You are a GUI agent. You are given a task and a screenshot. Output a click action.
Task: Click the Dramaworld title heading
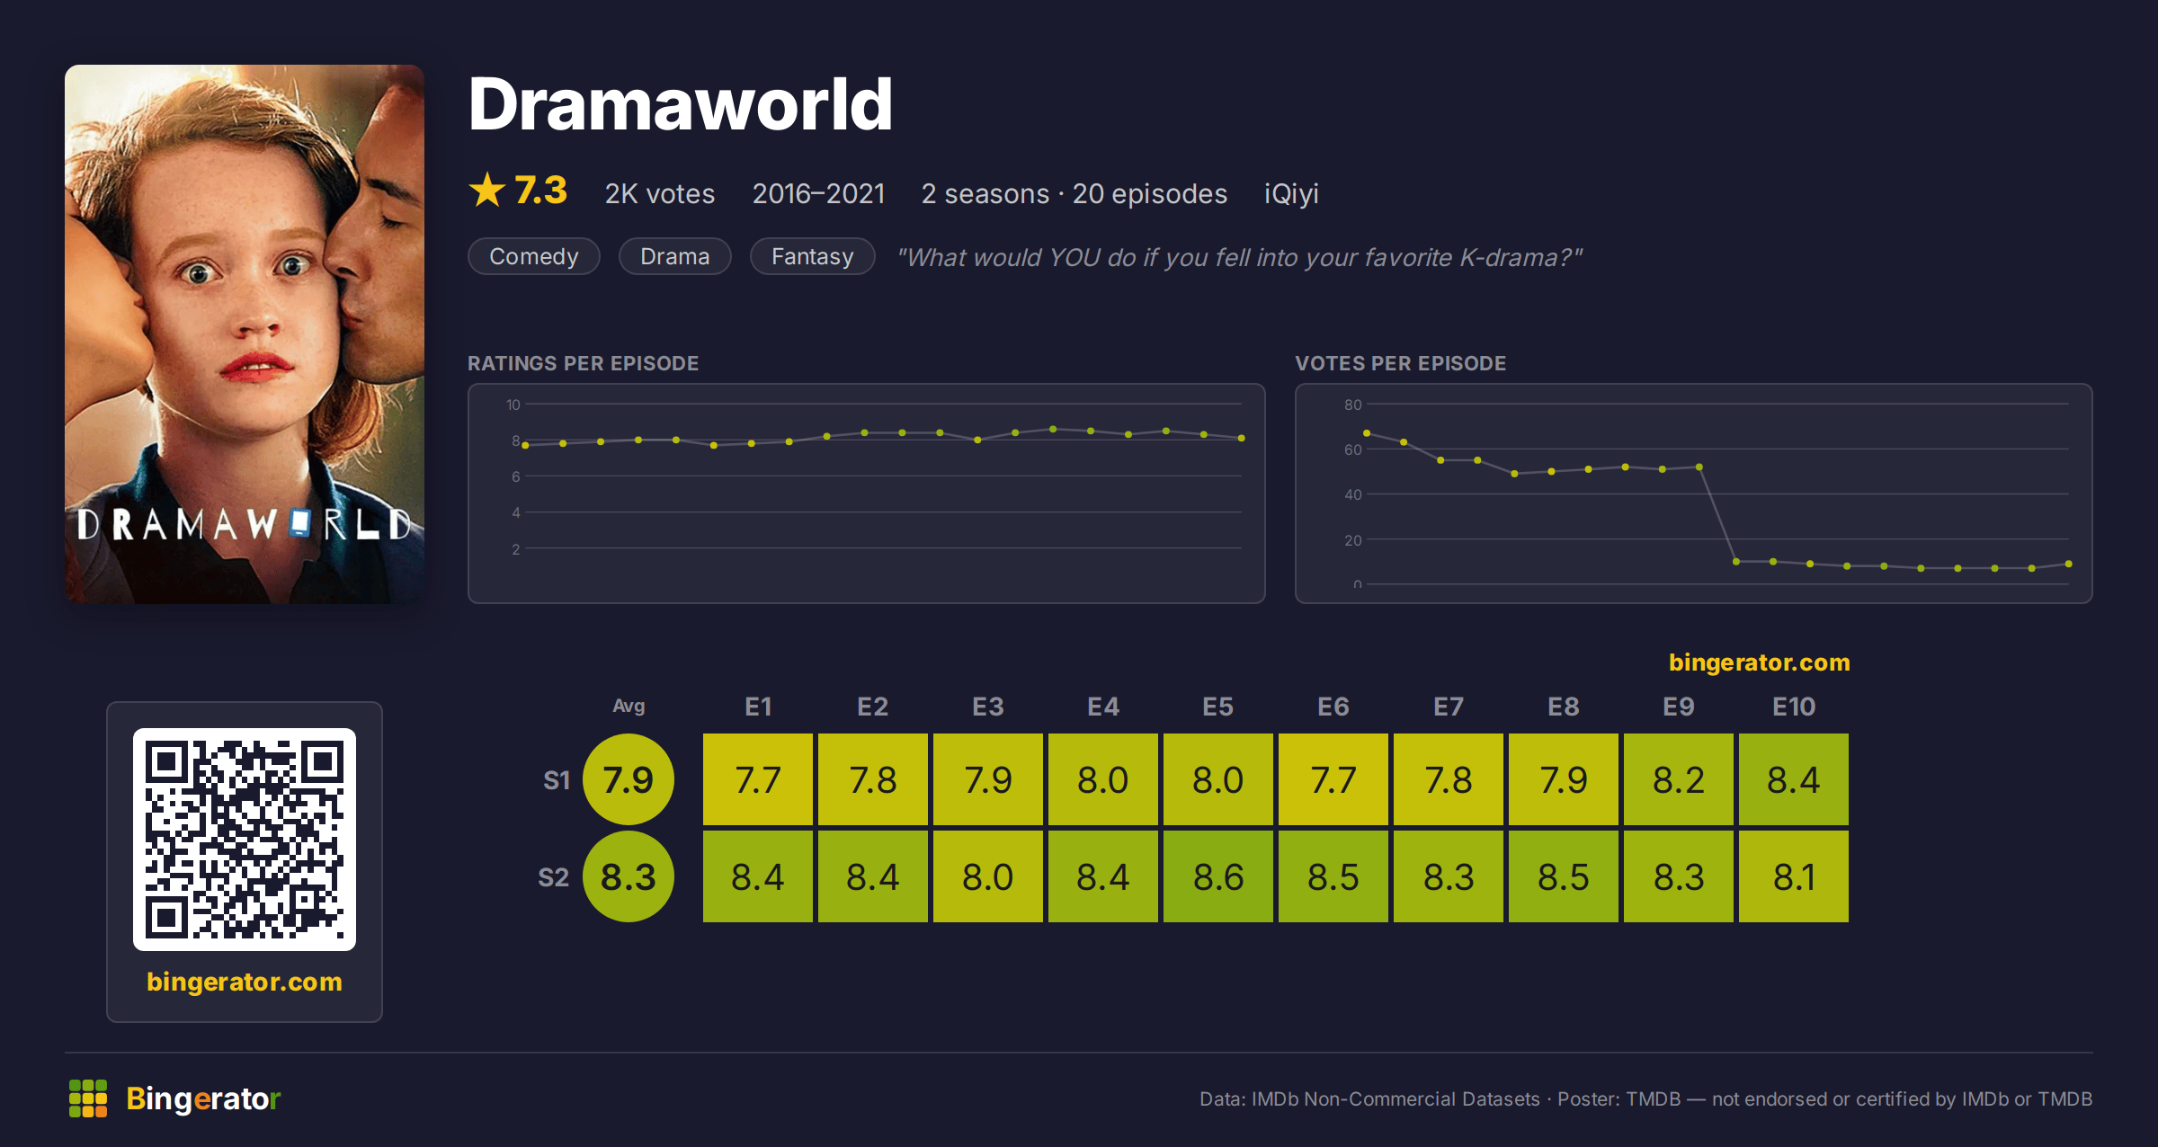[680, 104]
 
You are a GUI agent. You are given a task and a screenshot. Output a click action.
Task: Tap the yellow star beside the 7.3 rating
[487, 190]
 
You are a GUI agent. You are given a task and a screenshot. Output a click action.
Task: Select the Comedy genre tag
[534, 256]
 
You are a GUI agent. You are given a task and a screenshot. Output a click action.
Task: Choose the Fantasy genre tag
[813, 256]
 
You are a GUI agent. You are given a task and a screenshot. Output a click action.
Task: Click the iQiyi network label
[1291, 193]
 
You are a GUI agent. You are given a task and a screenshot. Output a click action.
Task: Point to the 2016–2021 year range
[818, 193]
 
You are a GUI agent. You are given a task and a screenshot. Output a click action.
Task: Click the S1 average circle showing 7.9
[629, 779]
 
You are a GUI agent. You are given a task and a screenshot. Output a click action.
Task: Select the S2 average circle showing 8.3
[629, 876]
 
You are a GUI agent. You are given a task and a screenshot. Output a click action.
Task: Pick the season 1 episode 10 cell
[1794, 779]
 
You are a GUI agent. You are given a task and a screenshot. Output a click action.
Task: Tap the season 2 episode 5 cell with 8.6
[1218, 876]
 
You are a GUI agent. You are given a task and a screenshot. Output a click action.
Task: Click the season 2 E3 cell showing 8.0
[988, 876]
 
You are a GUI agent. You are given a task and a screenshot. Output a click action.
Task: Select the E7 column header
[1449, 707]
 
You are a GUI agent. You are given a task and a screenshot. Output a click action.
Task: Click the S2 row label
[553, 877]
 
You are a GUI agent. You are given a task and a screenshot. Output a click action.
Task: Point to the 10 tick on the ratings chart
[513, 405]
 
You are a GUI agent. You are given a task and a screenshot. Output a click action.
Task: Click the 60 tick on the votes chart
[1353, 449]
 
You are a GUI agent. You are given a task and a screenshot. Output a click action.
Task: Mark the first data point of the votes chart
[1367, 433]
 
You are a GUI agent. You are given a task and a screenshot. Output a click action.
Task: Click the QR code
[245, 840]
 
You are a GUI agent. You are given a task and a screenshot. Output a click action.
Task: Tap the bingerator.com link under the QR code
[245, 982]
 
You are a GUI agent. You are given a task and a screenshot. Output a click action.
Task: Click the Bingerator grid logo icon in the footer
[88, 1098]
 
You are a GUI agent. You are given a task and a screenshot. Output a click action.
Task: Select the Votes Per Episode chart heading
[1400, 363]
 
